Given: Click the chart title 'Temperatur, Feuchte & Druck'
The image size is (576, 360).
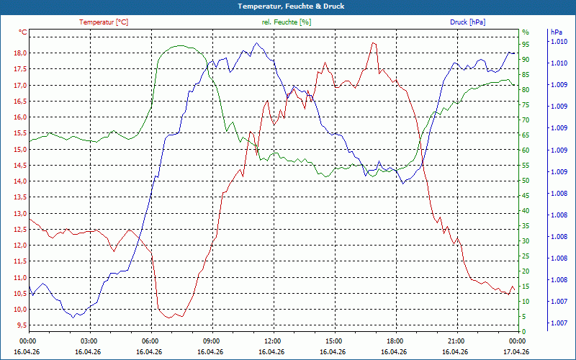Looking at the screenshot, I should [288, 6].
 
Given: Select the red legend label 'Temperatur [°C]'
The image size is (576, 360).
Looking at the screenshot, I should [104, 22].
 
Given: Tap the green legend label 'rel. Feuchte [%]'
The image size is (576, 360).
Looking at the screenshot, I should [287, 22].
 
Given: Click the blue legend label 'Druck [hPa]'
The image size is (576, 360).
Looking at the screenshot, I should [467, 22].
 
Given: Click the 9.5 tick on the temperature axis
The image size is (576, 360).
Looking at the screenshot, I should [19, 325].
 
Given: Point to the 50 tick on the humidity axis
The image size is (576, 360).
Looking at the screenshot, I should [526, 181].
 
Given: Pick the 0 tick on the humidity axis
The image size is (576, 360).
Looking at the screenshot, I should [524, 331].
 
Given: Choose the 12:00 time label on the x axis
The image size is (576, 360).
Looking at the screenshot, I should [272, 341].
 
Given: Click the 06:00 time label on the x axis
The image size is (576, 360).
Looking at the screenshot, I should [150, 341].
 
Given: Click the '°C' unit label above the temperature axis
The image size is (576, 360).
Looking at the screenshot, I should [23, 32].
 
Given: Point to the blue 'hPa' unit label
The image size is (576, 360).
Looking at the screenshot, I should [557, 32].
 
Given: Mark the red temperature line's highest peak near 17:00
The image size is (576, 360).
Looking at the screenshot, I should [373, 43].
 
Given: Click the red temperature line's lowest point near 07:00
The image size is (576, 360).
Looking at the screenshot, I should [170, 318].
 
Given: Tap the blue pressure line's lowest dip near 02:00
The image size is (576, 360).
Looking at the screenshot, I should [73, 317].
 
